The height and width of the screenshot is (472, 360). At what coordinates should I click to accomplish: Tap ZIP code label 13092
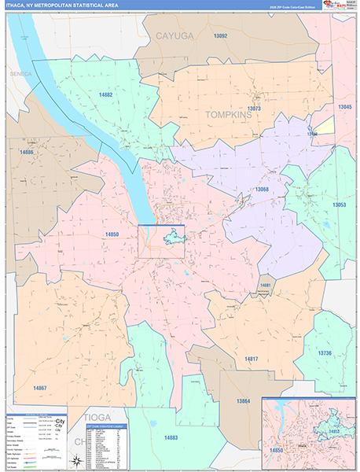pos(219,36)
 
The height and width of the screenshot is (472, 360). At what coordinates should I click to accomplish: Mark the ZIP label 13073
pos(254,108)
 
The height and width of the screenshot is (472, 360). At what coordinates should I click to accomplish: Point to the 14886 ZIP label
pos(28,151)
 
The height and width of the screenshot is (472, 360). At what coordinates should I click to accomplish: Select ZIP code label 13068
pos(261,189)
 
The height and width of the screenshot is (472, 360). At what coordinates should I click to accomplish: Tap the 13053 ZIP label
pos(340,205)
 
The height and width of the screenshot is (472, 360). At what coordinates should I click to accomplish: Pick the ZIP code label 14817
pos(251,358)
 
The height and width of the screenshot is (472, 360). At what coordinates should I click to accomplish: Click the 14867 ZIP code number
pos(39,387)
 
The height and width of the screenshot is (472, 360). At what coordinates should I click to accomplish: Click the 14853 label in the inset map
pos(333,432)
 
